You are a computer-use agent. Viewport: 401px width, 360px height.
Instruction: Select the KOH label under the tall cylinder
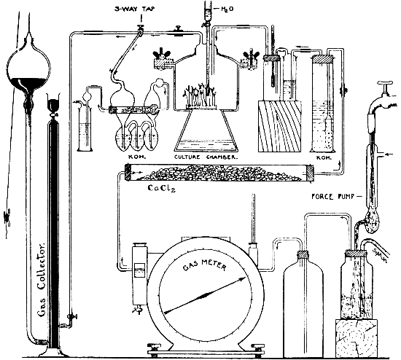click(x=322, y=156)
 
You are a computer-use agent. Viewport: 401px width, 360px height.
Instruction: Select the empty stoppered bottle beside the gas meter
click(x=301, y=299)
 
